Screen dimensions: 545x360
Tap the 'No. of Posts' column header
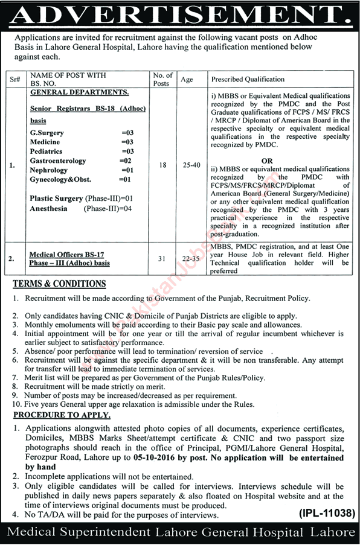[161, 79]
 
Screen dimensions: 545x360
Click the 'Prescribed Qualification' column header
[248, 79]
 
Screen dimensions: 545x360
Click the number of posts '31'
[161, 259]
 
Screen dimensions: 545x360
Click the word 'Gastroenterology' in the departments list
[58, 161]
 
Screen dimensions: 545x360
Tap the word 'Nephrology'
[48, 170]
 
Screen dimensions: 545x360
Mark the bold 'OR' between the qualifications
[267, 161]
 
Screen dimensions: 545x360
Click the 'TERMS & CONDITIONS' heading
[59, 284]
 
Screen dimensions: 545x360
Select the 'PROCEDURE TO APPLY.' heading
[62, 415]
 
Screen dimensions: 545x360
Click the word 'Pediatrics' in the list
[47, 151]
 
